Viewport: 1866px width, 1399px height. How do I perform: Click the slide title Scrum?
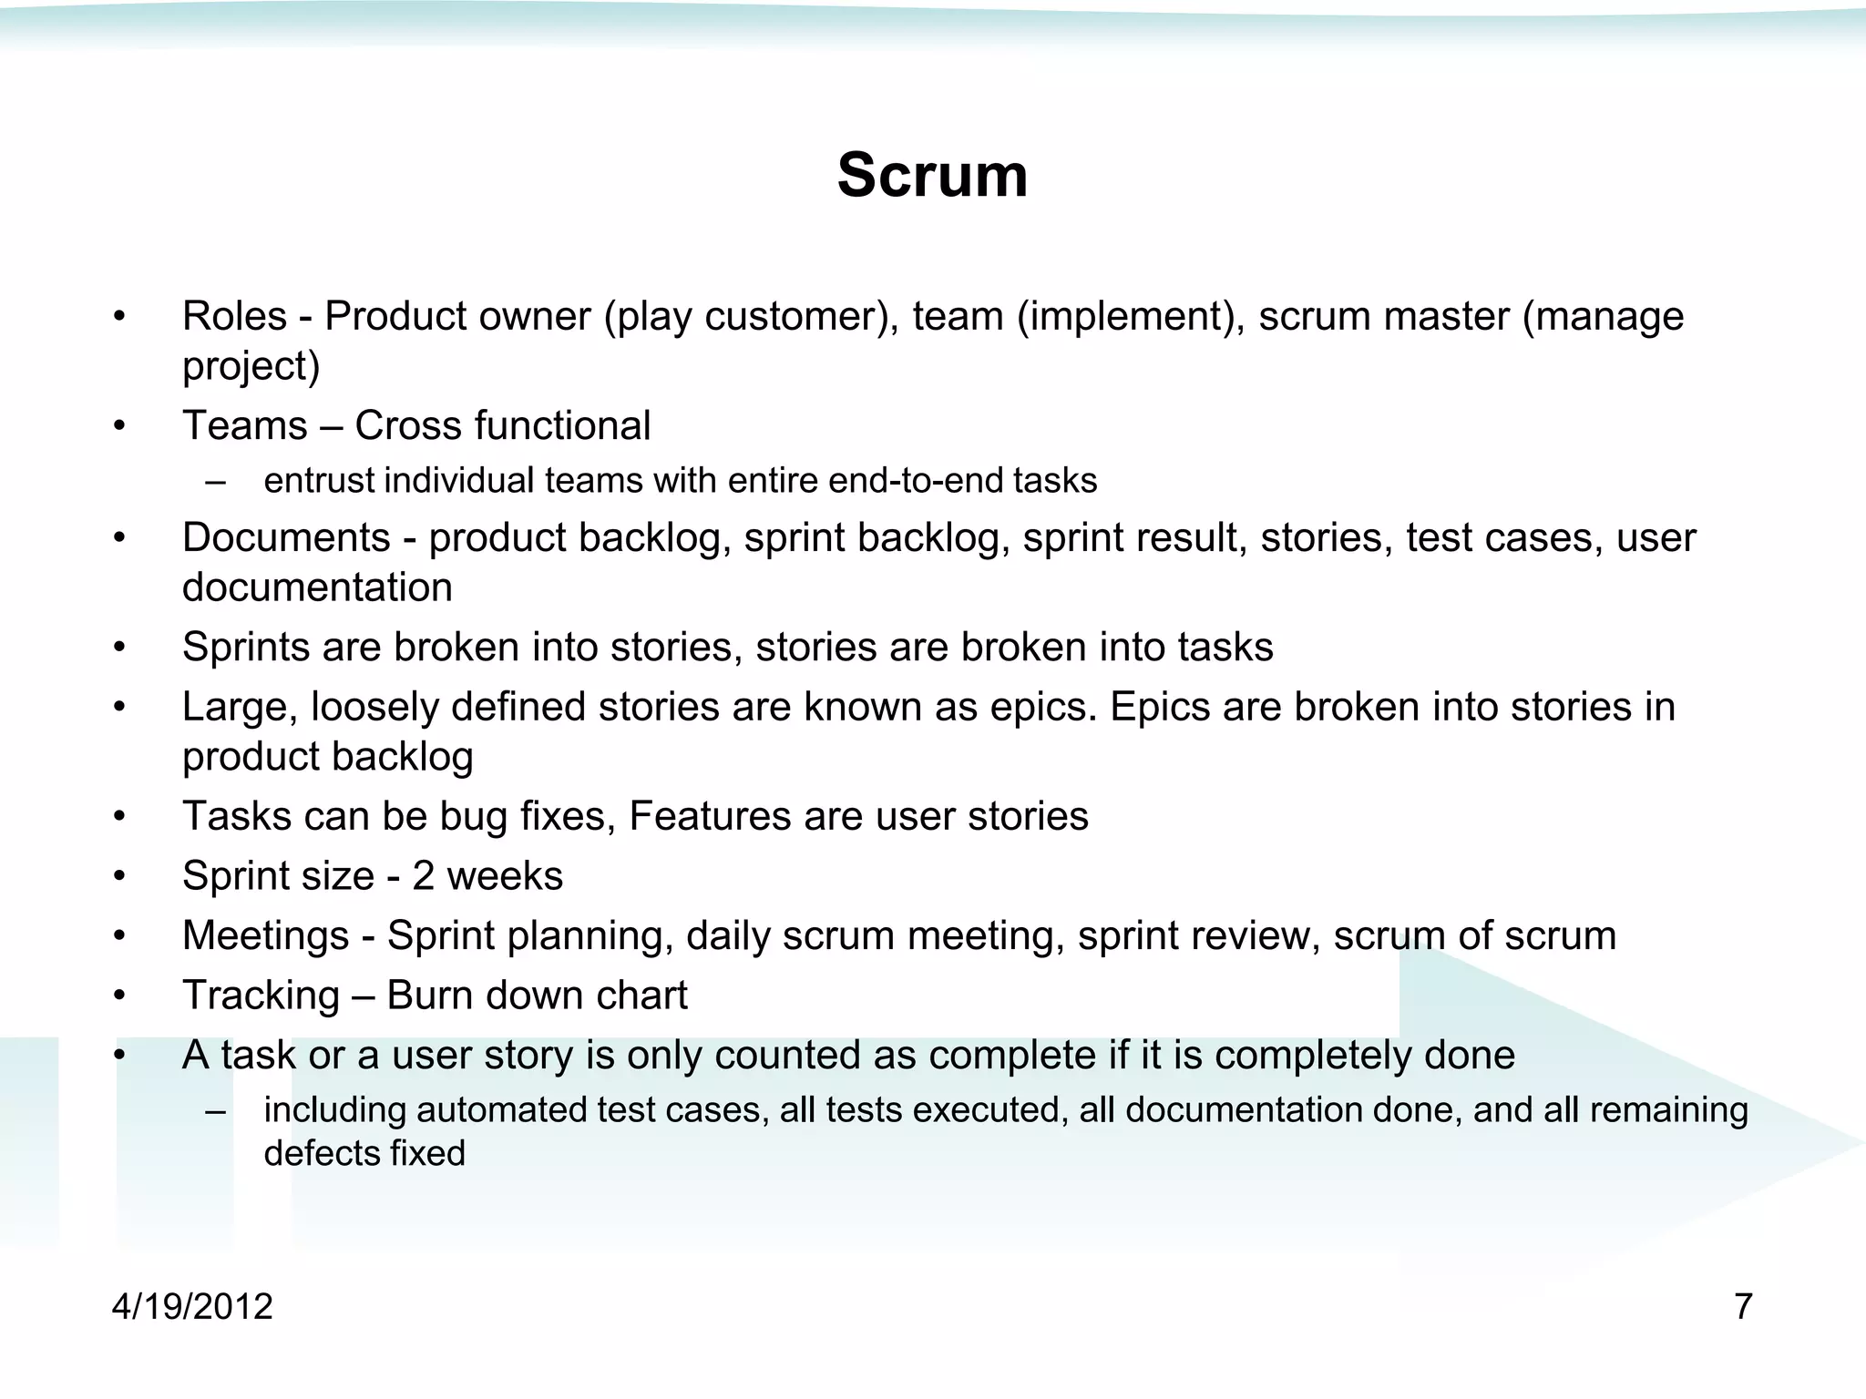[x=932, y=175]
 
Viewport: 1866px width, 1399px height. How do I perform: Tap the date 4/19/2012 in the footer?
[x=192, y=1306]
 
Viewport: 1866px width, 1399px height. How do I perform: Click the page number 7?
[x=1743, y=1306]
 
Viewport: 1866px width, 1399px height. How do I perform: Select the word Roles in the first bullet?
[x=234, y=317]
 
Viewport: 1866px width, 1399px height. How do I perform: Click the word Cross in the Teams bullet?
[x=407, y=426]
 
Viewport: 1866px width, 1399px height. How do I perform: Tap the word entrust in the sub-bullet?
[x=318, y=481]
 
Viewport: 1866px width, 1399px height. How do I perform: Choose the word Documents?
[x=286, y=537]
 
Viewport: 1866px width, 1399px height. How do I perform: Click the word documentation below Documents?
[x=317, y=587]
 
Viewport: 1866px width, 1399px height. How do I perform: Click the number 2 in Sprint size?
[x=423, y=876]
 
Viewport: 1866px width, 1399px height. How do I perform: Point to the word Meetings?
[x=265, y=935]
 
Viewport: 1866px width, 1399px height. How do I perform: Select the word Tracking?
[x=261, y=996]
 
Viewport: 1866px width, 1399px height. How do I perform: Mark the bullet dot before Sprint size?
[x=118, y=876]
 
